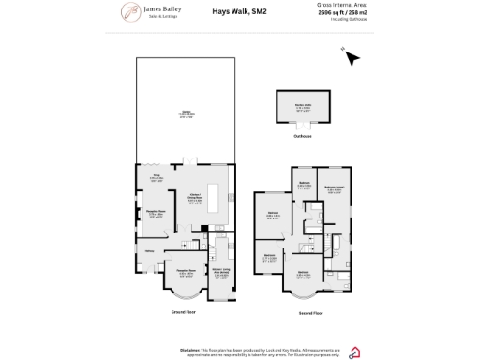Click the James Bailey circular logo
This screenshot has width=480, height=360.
[x=128, y=11]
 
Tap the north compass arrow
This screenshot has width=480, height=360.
[x=351, y=59]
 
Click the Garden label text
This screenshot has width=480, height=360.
[x=185, y=115]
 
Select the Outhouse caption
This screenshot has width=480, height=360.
[x=303, y=137]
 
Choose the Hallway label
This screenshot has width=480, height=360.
[x=150, y=251]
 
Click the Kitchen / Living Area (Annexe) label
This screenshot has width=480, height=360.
[x=221, y=272]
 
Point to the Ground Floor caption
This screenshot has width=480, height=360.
[x=183, y=310]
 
